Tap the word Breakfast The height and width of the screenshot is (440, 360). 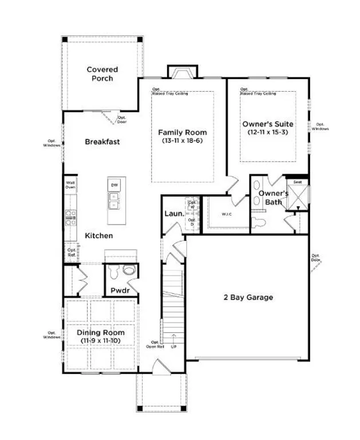102,142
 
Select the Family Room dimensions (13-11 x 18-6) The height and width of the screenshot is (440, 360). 182,140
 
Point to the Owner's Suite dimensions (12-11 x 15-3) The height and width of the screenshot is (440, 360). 267,132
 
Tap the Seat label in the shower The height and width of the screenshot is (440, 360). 298,182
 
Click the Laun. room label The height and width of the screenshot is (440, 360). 173,214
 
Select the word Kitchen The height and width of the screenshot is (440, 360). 99,235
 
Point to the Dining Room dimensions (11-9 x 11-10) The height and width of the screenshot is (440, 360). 101,341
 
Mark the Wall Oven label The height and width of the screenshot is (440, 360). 70,184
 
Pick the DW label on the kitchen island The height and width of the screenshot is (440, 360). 114,185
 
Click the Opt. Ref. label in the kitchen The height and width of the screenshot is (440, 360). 72,252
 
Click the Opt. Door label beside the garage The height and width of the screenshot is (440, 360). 315,257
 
